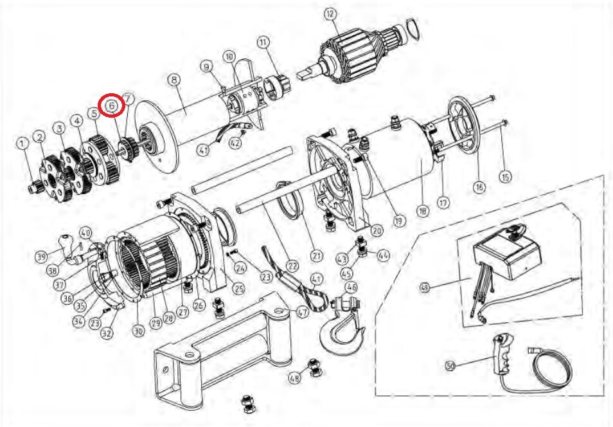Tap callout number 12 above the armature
pyautogui.click(x=330, y=14)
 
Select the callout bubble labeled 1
pyautogui.click(x=23, y=143)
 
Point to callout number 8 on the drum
pyautogui.click(x=173, y=80)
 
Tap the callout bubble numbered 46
pyautogui.click(x=351, y=287)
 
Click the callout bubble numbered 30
pyautogui.click(x=138, y=331)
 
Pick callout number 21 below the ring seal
pyautogui.click(x=315, y=255)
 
